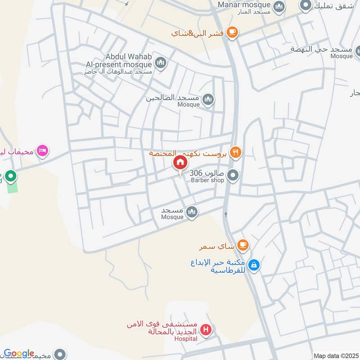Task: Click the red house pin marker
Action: [180, 162]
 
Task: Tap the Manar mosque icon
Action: [279, 7]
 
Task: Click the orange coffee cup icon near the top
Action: [232, 31]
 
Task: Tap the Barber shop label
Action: [207, 180]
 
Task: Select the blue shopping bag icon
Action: [254, 265]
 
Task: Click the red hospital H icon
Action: [206, 330]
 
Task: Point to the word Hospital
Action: [186, 338]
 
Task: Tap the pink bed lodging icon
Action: [42, 151]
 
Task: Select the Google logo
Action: [19, 353]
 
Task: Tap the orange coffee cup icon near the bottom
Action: [243, 245]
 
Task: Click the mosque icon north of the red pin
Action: [207, 100]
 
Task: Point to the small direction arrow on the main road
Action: [225, 214]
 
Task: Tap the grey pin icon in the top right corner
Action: [306, 5]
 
